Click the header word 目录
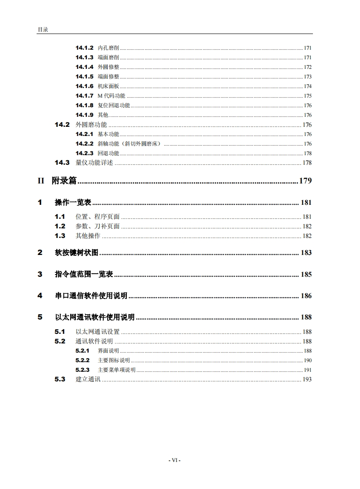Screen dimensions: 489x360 pyautogui.click(x=43, y=30)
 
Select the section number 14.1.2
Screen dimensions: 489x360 pyautogui.click(x=84, y=48)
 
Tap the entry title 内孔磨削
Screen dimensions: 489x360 pyautogui.click(x=109, y=48)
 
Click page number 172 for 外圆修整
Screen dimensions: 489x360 pyautogui.click(x=308, y=67)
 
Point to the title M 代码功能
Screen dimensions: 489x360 pyautogui.click(x=111, y=96)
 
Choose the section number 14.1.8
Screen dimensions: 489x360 pyautogui.click(x=84, y=105)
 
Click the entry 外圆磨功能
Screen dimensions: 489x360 pyautogui.click(x=91, y=125)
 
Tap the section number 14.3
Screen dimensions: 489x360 pyautogui.click(x=62, y=163)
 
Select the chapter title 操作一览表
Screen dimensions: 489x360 pyautogui.click(x=73, y=203)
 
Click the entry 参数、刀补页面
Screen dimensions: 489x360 pyautogui.click(x=98, y=226)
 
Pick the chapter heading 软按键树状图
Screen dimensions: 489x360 pyautogui.click(x=77, y=253)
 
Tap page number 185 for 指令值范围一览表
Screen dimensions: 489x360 pyautogui.click(x=306, y=275)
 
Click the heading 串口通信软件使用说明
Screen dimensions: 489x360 pyautogui.click(x=91, y=296)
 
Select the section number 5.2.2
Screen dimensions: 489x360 pyautogui.click(x=82, y=360)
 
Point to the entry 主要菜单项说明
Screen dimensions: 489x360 pyautogui.click(x=116, y=370)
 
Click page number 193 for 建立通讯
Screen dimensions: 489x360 pyautogui.click(x=307, y=380)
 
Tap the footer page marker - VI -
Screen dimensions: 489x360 pyautogui.click(x=174, y=460)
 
